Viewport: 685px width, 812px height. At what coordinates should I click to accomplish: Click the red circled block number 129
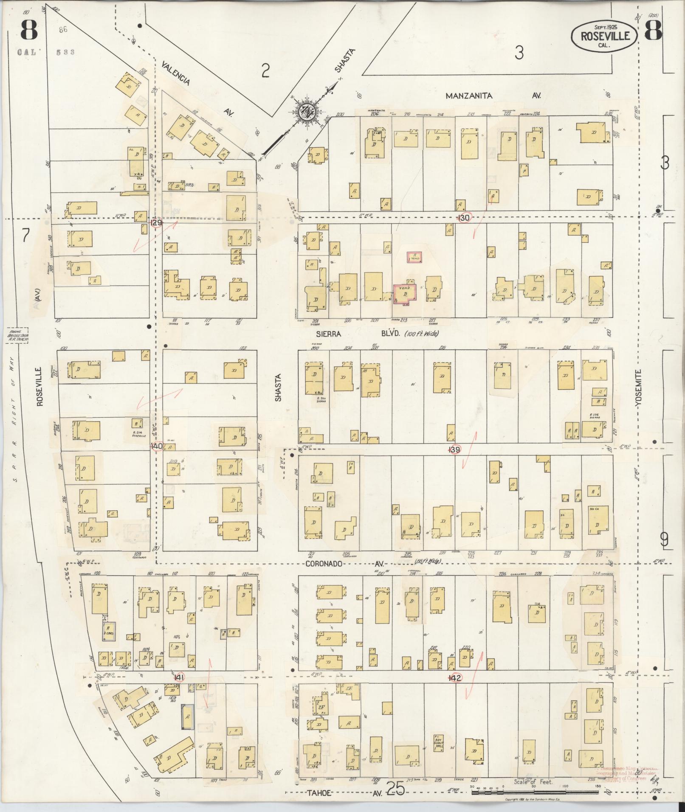(x=156, y=222)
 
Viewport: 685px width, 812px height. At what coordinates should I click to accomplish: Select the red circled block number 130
(x=465, y=217)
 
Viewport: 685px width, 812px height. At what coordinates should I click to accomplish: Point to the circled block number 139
(x=455, y=450)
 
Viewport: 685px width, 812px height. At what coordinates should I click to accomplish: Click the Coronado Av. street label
(x=344, y=564)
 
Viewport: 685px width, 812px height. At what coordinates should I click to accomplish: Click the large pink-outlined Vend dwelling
(x=405, y=293)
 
